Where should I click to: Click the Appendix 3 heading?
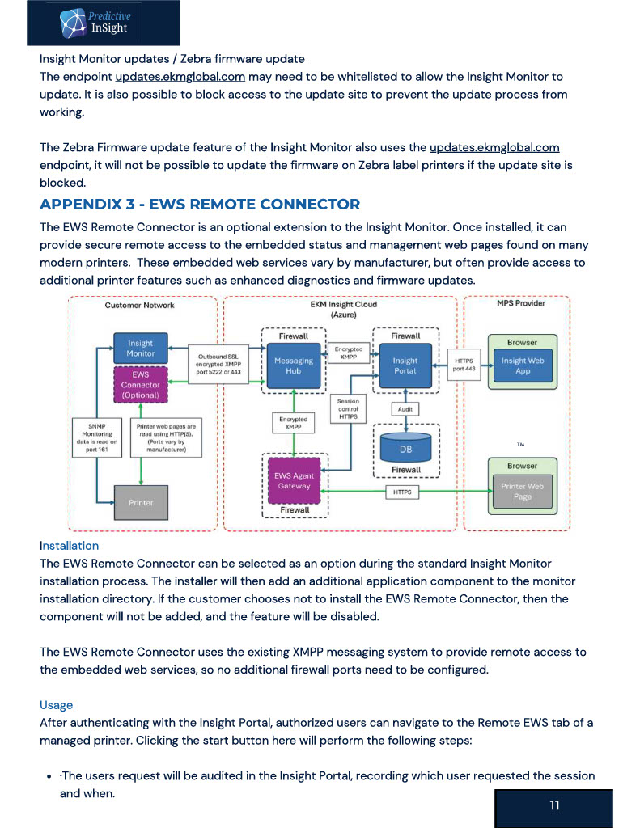point(200,205)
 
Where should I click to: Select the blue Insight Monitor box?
point(141,348)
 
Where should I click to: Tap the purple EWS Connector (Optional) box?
point(141,384)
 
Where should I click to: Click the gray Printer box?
point(141,503)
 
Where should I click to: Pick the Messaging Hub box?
point(294,365)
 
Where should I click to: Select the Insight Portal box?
point(405,365)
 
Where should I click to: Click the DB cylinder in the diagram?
point(405,447)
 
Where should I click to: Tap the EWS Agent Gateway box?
point(294,480)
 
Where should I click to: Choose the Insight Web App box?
point(523,365)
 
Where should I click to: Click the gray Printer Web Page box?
point(522,491)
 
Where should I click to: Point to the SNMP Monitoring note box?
point(97,437)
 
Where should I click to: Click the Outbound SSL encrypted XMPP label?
point(218,365)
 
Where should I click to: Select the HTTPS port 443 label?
point(464,365)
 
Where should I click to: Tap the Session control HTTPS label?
point(348,408)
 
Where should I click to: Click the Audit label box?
point(405,409)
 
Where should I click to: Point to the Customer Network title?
point(139,305)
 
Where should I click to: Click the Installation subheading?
point(70,546)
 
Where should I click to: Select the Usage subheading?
point(56,705)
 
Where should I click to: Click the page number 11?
point(554,805)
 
